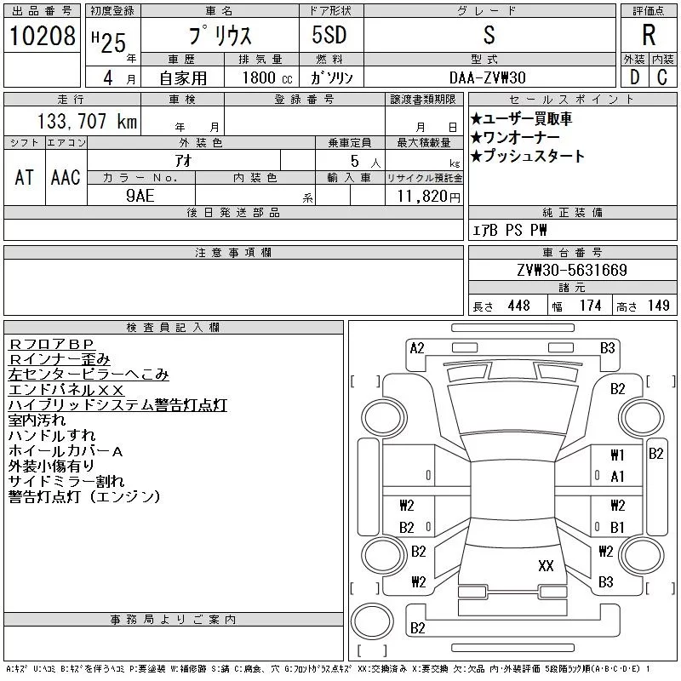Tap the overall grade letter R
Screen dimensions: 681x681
pos(648,36)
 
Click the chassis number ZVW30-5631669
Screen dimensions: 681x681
pos(572,271)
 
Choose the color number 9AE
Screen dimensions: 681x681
pos(140,195)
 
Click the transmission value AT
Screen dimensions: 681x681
pos(24,177)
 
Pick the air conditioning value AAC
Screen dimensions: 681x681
pos(66,177)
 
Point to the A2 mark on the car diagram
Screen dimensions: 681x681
pos(417,347)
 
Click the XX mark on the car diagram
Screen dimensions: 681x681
pos(546,564)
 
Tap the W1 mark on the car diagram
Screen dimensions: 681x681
pos(617,455)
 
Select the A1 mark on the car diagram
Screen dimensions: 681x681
pos(617,477)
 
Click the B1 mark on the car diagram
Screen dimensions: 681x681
pos(617,527)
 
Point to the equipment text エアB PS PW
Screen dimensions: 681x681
pos(511,230)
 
